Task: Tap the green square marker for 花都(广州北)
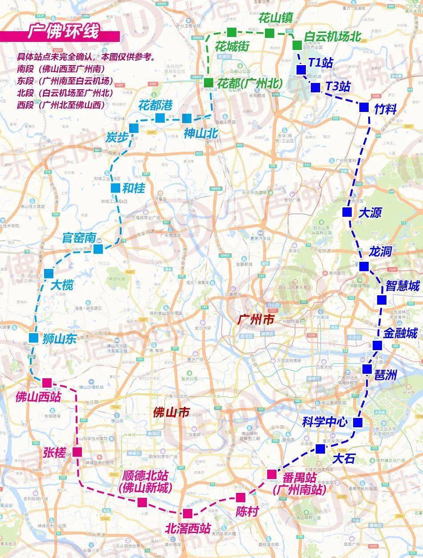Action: click(x=208, y=83)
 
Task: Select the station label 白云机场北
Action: click(x=332, y=37)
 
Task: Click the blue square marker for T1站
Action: click(x=301, y=70)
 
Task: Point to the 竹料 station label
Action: click(x=385, y=108)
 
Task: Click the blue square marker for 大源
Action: click(x=347, y=212)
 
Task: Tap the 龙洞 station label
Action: click(x=380, y=252)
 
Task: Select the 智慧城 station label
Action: click(x=403, y=285)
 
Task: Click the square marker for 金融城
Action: click(x=377, y=345)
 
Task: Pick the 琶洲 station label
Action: click(x=385, y=375)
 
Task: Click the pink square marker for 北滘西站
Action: click(x=187, y=513)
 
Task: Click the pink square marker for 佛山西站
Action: click(x=47, y=383)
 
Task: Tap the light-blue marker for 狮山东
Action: click(x=33, y=338)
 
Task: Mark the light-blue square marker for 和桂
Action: click(x=115, y=188)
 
